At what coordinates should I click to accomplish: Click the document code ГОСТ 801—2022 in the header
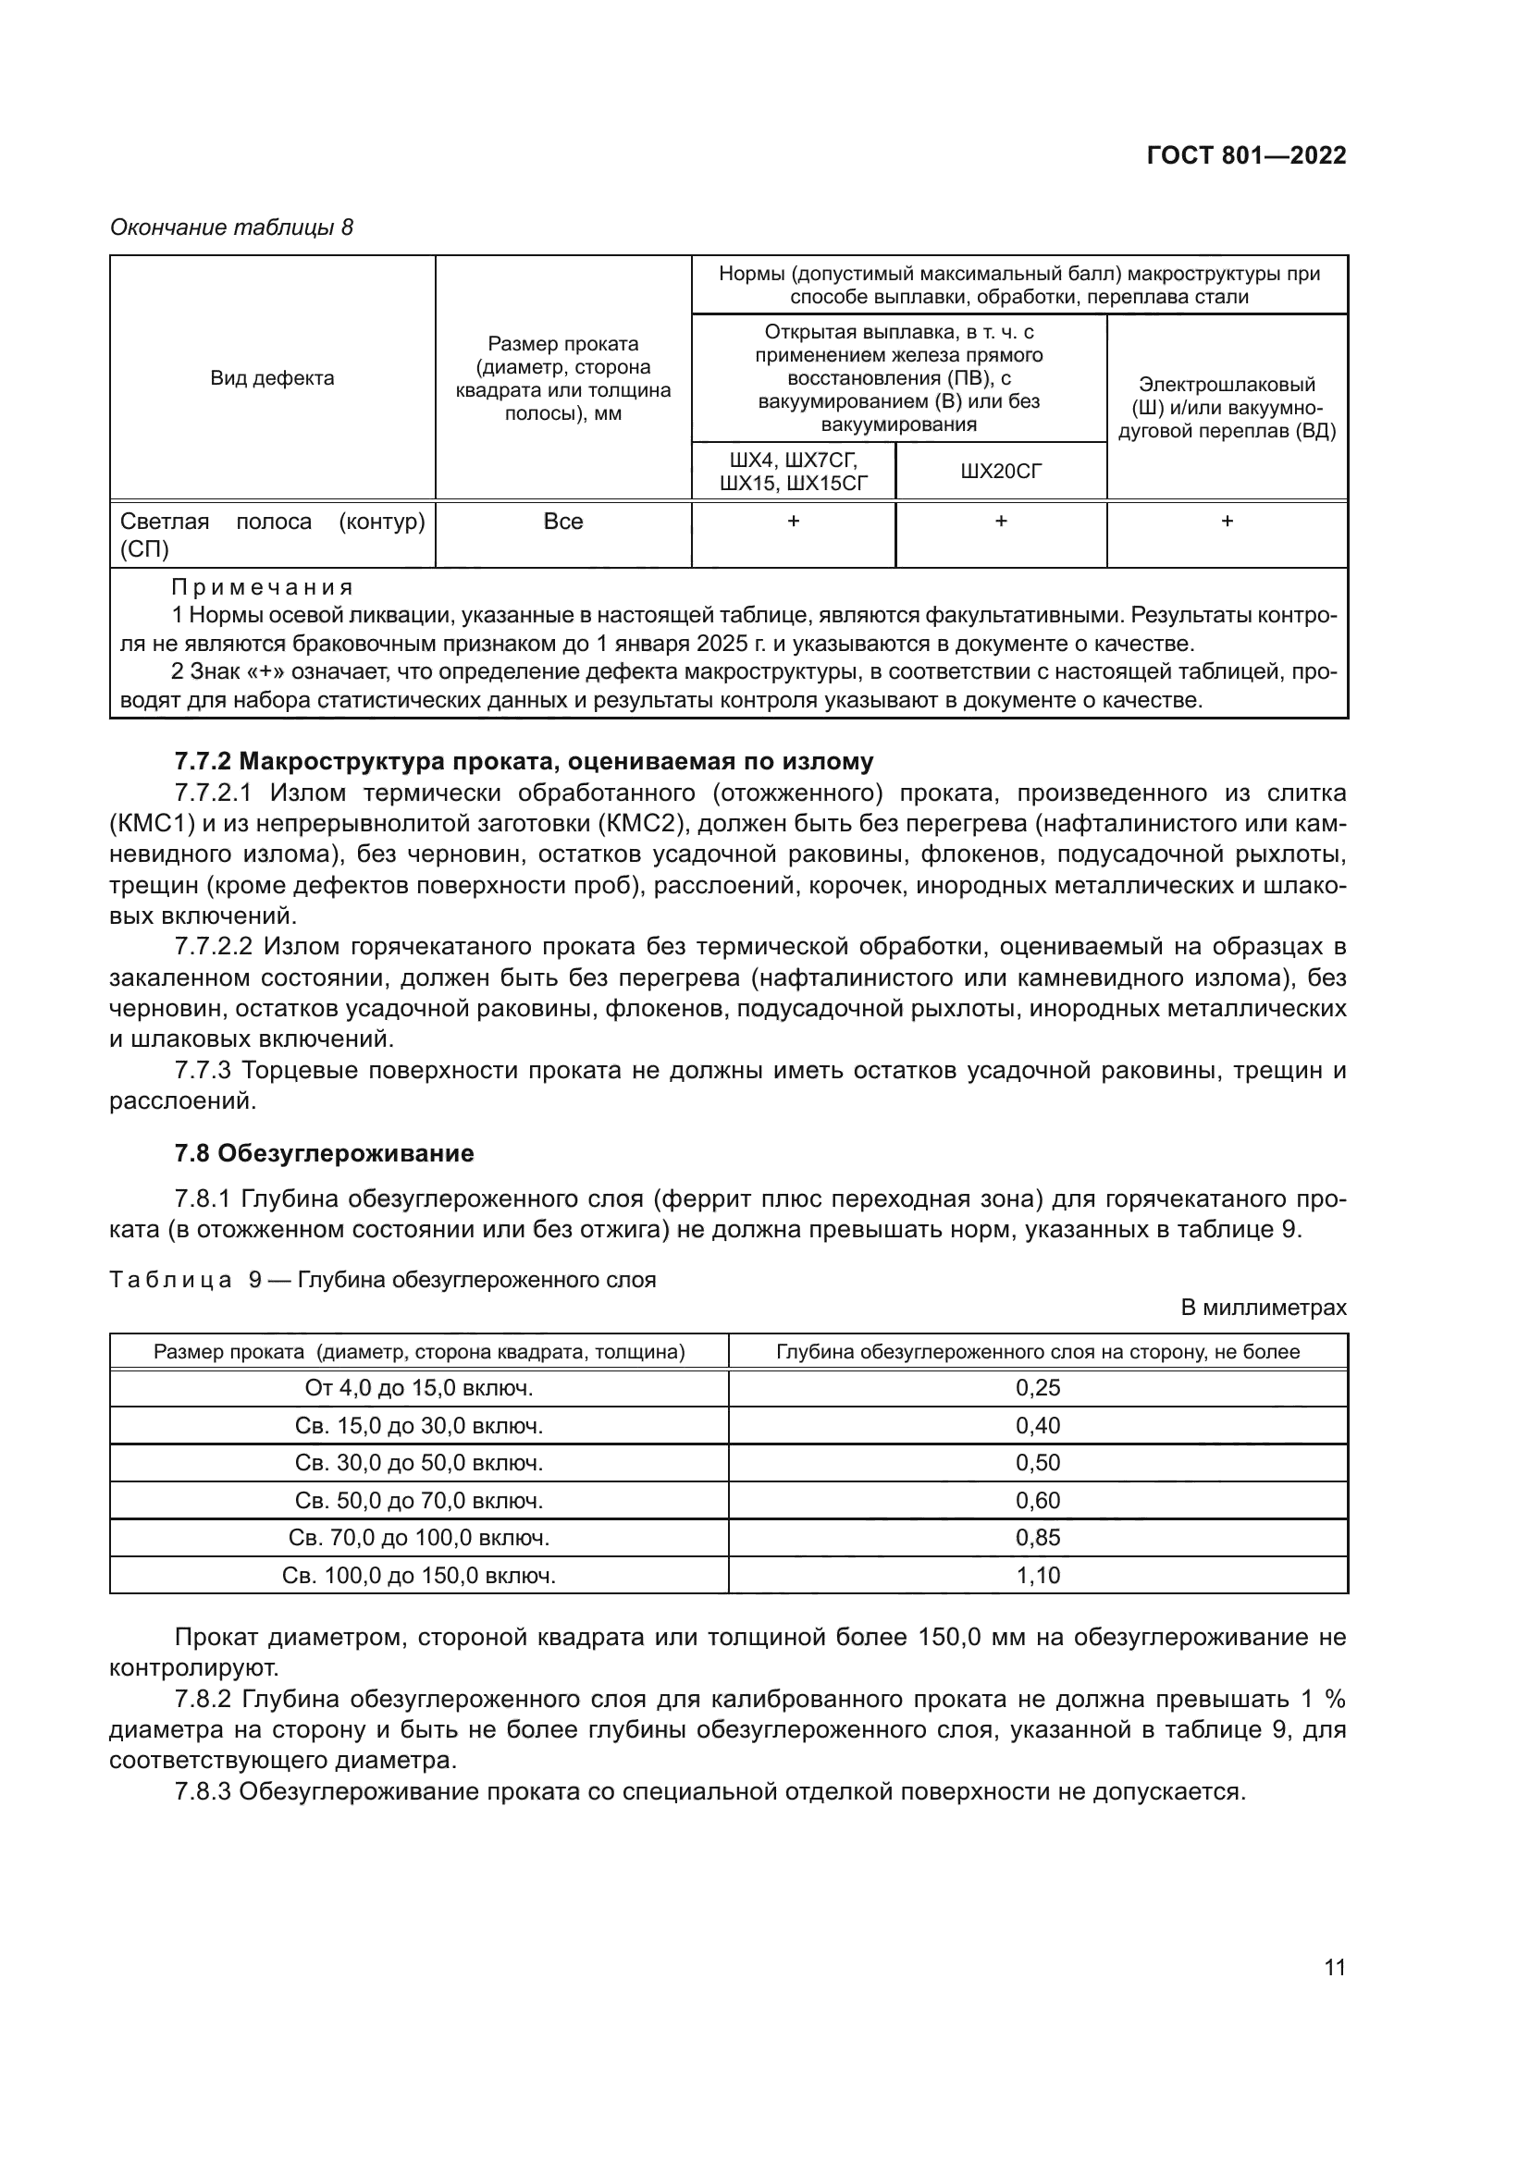pyautogui.click(x=1245, y=156)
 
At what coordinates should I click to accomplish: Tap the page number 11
pyautogui.click(x=1334, y=1967)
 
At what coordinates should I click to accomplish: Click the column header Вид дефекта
pyautogui.click(x=272, y=379)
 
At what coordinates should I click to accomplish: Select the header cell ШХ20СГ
pyautogui.click(x=1001, y=471)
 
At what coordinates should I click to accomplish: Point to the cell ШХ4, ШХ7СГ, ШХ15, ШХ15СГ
pyautogui.click(x=794, y=471)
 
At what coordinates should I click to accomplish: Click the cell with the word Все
pyautogui.click(x=563, y=522)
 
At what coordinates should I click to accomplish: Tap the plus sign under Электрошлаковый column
pyautogui.click(x=1227, y=522)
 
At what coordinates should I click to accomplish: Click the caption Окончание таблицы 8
pyautogui.click(x=232, y=227)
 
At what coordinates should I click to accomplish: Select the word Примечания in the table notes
pyautogui.click(x=261, y=588)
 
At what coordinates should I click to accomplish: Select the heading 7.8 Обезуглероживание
pyautogui.click(x=324, y=1153)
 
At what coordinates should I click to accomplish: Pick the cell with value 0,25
pyautogui.click(x=1037, y=1388)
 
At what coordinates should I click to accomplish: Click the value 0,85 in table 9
pyautogui.click(x=1037, y=1538)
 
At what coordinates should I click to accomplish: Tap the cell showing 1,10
pyautogui.click(x=1037, y=1575)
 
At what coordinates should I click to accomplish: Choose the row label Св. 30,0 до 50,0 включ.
pyautogui.click(x=418, y=1463)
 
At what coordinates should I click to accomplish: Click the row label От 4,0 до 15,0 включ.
pyautogui.click(x=418, y=1388)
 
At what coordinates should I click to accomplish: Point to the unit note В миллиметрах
pyautogui.click(x=1264, y=1308)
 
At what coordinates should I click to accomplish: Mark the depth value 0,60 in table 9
pyautogui.click(x=1037, y=1500)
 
